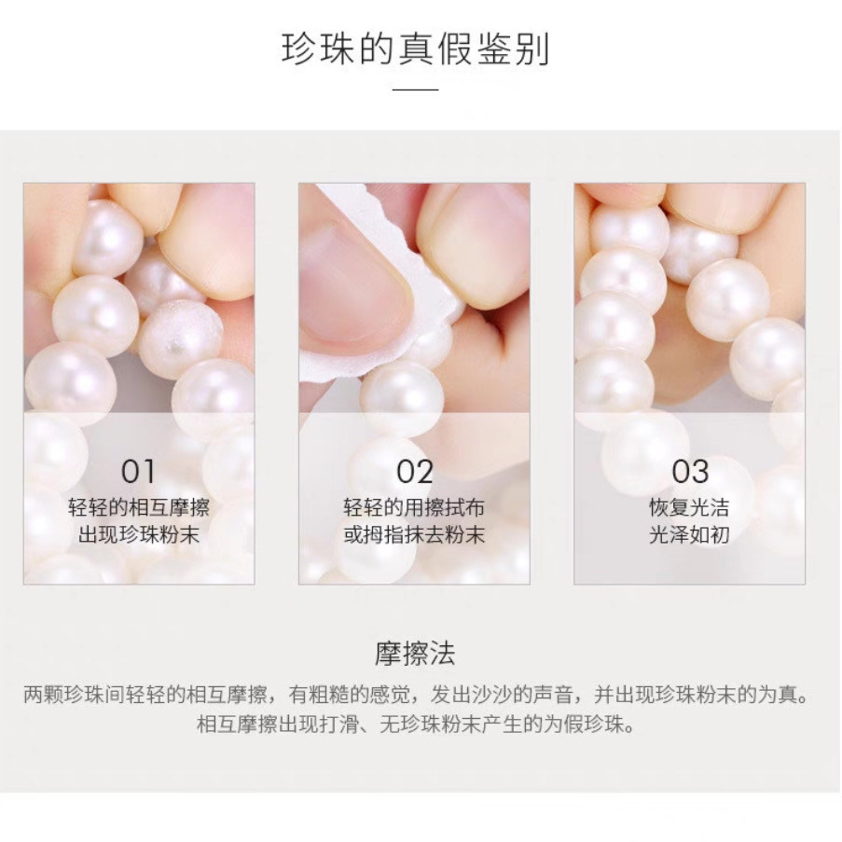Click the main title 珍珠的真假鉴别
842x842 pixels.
[x=415, y=48]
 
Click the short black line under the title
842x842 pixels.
[x=415, y=90]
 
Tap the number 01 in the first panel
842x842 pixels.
[x=138, y=471]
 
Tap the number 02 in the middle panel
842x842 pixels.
[x=414, y=471]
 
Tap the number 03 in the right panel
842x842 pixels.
[x=689, y=471]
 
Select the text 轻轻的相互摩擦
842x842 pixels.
[x=138, y=508]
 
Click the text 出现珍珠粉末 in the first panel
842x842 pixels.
[x=138, y=535]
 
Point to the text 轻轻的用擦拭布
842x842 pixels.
[x=414, y=508]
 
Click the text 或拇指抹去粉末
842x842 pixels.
[x=414, y=535]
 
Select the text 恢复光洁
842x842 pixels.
[x=689, y=508]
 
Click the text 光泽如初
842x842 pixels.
[x=689, y=535]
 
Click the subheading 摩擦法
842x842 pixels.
[x=415, y=653]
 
